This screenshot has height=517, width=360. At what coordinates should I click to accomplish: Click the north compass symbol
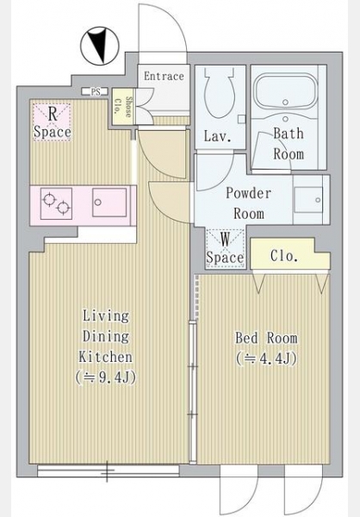pyautogui.click(x=99, y=47)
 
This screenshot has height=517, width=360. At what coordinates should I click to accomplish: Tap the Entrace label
pyautogui.click(x=164, y=76)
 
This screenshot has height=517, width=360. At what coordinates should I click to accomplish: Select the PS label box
pyautogui.click(x=96, y=92)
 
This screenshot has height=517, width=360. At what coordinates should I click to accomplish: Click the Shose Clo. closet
pyautogui.click(x=123, y=106)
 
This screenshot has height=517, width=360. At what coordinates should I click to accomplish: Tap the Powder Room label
pyautogui.click(x=249, y=203)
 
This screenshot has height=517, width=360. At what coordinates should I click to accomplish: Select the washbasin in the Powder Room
pyautogui.click(x=309, y=200)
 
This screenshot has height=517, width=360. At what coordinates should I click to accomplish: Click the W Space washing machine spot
pyautogui.click(x=225, y=248)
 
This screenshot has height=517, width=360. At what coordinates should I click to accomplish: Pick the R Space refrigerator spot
pyautogui.click(x=52, y=122)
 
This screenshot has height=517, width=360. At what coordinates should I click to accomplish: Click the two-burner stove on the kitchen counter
pyautogui.click(x=56, y=203)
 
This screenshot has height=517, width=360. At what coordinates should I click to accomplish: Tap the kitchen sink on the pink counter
pyautogui.click(x=109, y=202)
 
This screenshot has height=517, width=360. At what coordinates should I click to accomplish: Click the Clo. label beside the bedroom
pyautogui.click(x=284, y=256)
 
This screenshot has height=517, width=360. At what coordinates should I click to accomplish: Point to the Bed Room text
pyautogui.click(x=266, y=338)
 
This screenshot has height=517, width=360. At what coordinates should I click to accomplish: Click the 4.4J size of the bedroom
pyautogui.click(x=266, y=358)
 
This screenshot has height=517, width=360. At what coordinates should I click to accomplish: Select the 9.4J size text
pyautogui.click(x=105, y=377)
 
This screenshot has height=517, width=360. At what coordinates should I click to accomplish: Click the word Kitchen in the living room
pyautogui.click(x=105, y=357)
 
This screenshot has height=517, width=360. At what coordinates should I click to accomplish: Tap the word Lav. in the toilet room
pyautogui.click(x=218, y=136)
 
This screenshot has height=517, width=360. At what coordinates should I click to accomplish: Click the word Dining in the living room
pyautogui.click(x=106, y=337)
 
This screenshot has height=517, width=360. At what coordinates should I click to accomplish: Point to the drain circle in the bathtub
pyautogui.click(x=285, y=103)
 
